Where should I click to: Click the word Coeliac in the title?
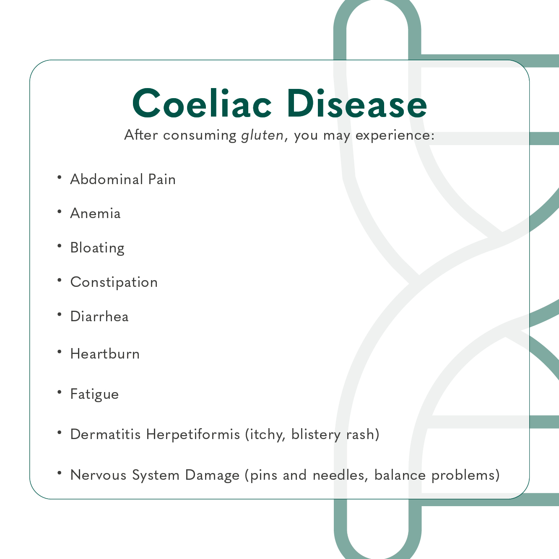coord(202,103)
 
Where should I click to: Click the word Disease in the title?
coord(357,103)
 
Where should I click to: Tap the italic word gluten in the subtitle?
coord(262,135)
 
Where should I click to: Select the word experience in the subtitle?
coord(395,135)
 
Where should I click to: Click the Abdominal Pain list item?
coord(123,179)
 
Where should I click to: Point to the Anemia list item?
coord(95,213)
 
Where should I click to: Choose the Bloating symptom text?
coord(97,248)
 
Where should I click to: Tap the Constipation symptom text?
coord(114,282)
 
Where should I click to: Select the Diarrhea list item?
coord(99,317)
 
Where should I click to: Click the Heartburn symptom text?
coord(105,354)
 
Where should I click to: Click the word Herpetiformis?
coord(193,434)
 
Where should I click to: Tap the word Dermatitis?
coord(105,434)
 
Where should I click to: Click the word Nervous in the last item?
coord(99,475)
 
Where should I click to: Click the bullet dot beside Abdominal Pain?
coord(60,177)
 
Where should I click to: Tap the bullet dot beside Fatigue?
coord(60,392)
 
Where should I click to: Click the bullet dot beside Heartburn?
coord(60,352)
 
